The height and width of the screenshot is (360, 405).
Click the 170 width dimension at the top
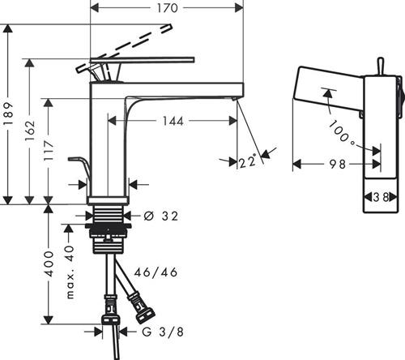pos(168,8)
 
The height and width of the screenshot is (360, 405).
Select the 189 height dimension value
pos(8,114)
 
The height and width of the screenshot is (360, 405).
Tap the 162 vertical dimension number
pos(30,131)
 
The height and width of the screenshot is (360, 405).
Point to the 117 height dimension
pos(49,151)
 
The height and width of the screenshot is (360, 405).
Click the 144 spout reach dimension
pos(173,121)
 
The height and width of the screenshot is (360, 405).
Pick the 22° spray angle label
pos(247,161)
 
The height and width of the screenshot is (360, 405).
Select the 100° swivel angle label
pos(342,133)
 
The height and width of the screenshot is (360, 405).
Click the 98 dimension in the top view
pos(337,164)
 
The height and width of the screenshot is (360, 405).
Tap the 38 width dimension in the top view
pos(382,197)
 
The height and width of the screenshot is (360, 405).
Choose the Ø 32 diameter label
pos(161,216)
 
